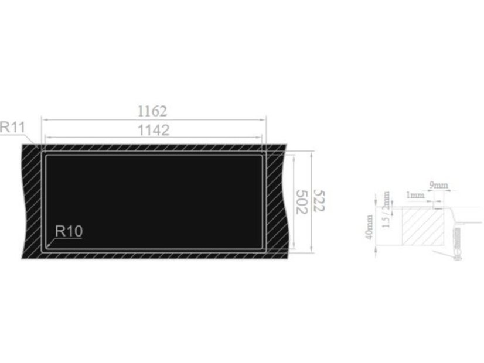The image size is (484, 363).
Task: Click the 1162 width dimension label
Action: (152, 111)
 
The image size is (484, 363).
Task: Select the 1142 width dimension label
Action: (154, 130)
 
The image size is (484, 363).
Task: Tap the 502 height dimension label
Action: (302, 202)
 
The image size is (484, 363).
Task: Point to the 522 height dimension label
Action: (319, 200)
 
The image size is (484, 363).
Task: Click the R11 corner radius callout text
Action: (12, 126)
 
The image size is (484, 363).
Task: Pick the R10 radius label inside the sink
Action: (69, 231)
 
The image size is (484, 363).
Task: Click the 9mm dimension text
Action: (439, 186)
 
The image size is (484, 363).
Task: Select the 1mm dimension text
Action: (415, 195)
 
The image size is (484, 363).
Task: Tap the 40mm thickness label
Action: (369, 227)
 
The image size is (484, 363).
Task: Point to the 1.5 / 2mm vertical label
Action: (386, 210)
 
